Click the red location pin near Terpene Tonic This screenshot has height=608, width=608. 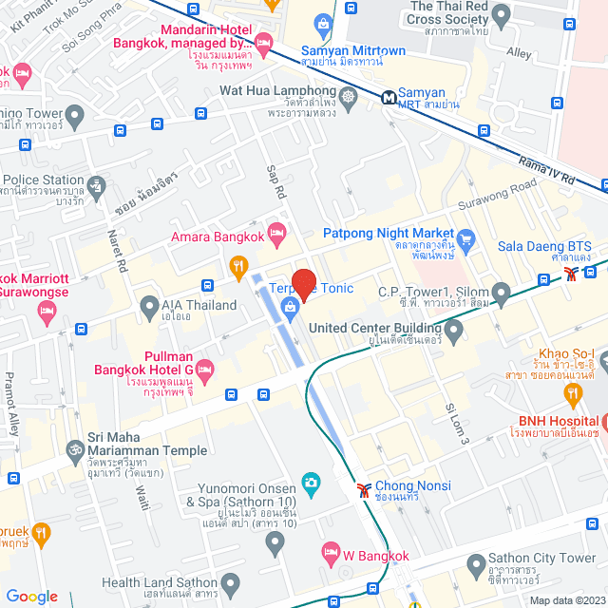(303, 283)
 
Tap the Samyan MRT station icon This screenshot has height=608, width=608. (389, 96)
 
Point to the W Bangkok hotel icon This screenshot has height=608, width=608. (331, 552)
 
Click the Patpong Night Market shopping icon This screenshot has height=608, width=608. (465, 237)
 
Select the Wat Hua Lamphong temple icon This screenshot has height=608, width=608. (349, 95)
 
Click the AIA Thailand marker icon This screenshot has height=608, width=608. (148, 306)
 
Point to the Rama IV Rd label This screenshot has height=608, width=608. (547, 170)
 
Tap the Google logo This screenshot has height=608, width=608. (31, 596)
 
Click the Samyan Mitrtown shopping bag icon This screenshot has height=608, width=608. (324, 23)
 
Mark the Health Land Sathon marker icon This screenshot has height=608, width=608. (231, 582)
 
